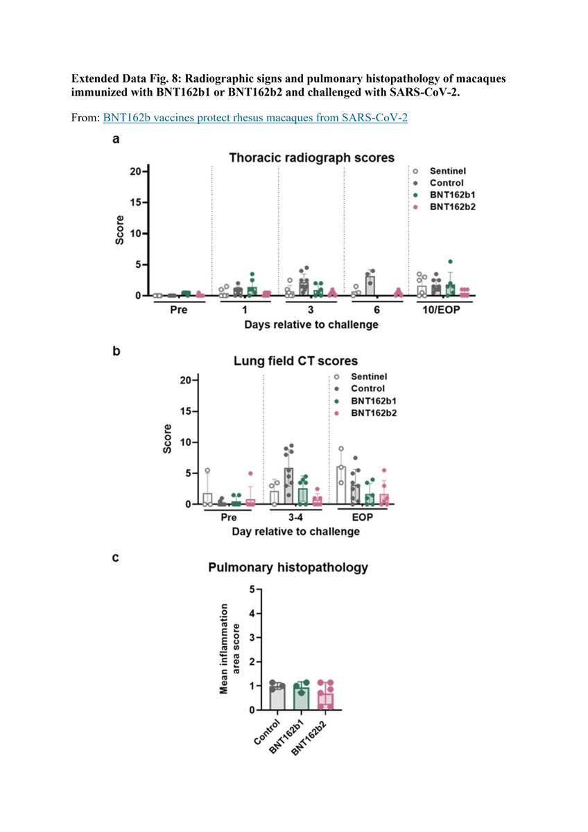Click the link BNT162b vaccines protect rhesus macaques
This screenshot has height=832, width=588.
pos(255,118)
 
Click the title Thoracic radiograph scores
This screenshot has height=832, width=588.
pos(312,158)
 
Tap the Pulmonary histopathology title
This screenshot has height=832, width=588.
pos(288,568)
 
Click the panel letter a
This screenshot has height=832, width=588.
pos(116,139)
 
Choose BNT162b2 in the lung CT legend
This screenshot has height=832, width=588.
pos(377,413)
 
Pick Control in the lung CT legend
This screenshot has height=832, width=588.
pos(368,388)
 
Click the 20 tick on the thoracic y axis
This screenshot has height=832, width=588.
pos(137,171)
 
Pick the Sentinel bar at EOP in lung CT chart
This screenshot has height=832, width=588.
pos(341,485)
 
